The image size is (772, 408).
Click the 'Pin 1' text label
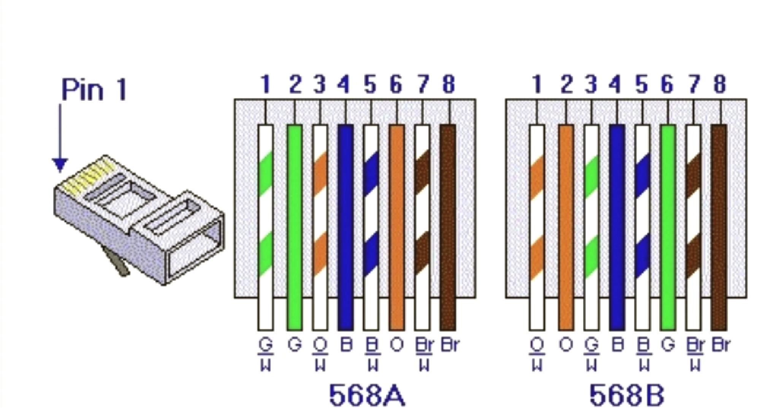tap(94, 90)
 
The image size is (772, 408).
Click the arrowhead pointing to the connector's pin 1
tap(60, 165)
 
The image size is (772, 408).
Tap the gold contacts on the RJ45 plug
tap(88, 177)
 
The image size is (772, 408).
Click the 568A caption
tap(367, 395)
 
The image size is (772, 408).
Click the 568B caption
tap(627, 395)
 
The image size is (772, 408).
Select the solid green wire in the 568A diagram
tap(295, 227)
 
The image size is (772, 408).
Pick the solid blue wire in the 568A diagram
tap(346, 227)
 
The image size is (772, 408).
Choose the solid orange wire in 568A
tap(397, 227)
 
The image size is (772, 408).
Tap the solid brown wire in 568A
tap(448, 227)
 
